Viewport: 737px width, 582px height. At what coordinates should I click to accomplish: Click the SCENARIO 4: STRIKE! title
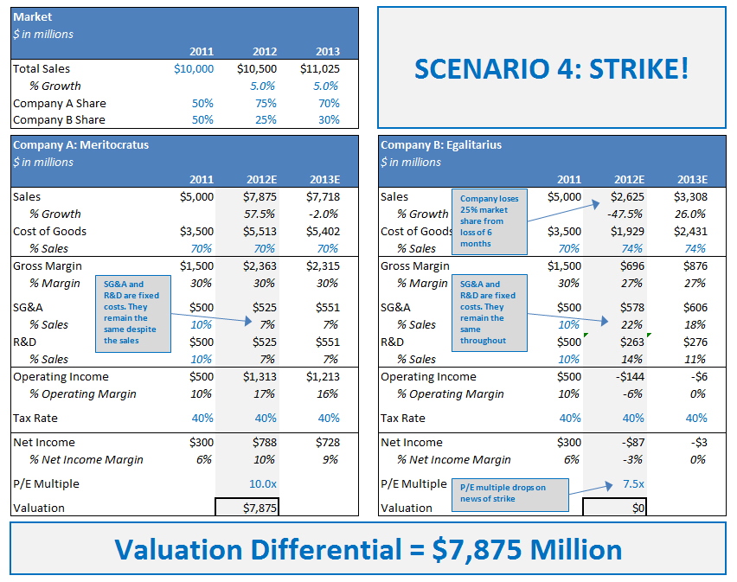551,68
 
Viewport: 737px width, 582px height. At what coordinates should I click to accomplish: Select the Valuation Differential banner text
368,550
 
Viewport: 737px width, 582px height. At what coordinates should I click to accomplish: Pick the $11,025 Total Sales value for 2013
320,68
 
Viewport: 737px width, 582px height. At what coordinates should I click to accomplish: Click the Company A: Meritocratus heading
81,145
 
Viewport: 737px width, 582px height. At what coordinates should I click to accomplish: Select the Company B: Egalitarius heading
441,145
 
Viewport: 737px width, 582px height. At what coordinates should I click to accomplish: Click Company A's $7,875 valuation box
247,508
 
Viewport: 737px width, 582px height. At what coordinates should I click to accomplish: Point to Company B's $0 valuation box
614,508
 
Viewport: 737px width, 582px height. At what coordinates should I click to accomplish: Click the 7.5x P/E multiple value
633,483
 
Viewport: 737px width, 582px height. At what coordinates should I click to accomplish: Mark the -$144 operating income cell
629,376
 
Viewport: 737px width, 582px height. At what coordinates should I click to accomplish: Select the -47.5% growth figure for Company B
625,214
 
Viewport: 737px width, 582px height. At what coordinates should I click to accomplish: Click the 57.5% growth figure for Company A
260,214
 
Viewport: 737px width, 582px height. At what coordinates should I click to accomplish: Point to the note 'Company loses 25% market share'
490,221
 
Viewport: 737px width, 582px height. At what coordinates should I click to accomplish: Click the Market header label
33,16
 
